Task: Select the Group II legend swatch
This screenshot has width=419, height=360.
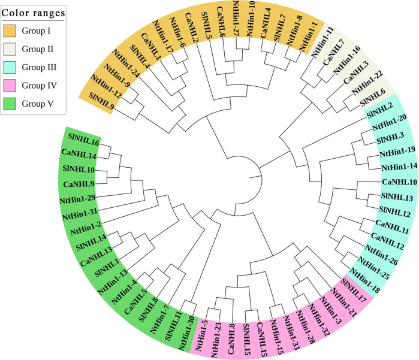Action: click(13, 49)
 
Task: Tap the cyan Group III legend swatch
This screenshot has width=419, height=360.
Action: click(13, 67)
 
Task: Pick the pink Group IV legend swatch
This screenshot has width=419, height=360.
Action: click(13, 85)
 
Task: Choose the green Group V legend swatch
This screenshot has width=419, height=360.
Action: click(13, 103)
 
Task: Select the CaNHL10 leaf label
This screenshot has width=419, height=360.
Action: click(399, 181)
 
